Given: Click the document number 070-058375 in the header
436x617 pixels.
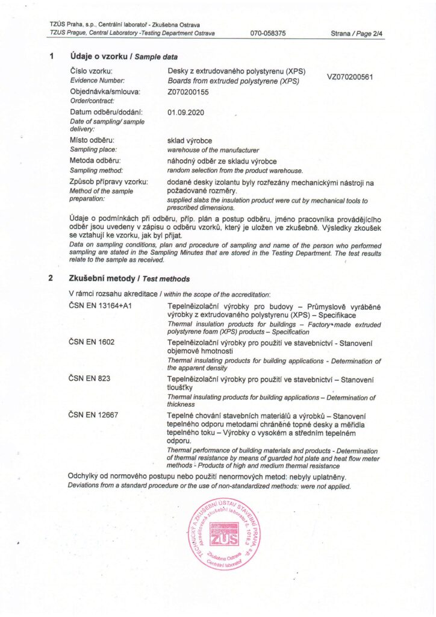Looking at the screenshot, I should click(x=268, y=33).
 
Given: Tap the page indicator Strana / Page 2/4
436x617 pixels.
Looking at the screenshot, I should click(x=357, y=33).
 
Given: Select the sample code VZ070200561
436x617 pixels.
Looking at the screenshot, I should click(x=350, y=78).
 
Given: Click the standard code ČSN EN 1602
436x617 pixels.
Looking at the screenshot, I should click(x=92, y=342).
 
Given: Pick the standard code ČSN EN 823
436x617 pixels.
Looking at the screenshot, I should click(x=90, y=378).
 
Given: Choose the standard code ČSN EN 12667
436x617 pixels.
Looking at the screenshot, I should click(x=94, y=415).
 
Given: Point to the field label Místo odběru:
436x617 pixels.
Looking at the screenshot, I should click(x=92, y=140).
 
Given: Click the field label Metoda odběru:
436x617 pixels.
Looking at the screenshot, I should click(x=95, y=161).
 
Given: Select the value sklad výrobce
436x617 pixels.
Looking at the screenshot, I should click(x=190, y=140).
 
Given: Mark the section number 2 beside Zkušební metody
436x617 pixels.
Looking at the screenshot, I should click(x=51, y=279).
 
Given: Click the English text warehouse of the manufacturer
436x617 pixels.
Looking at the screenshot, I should click(x=213, y=149).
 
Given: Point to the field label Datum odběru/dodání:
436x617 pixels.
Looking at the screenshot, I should click(x=106, y=112).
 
